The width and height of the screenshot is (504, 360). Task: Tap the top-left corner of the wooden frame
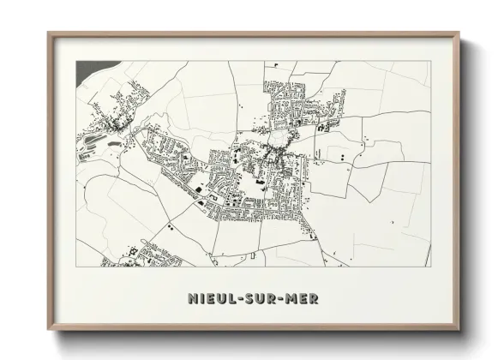tap(49, 34)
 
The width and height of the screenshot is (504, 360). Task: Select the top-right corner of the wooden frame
tap(459, 34)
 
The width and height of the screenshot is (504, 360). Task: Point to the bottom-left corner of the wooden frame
tap(49, 329)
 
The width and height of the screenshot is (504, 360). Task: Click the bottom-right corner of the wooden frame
tap(459, 329)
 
